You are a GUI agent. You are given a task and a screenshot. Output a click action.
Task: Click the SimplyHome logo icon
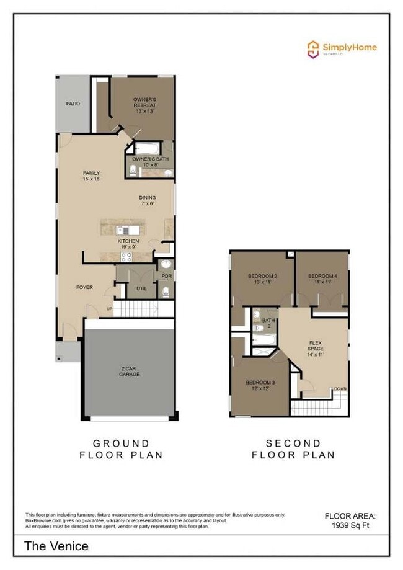click(313, 49)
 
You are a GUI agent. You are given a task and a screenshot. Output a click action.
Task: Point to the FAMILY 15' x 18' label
click(92, 176)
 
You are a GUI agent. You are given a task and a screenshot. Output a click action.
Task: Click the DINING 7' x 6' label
click(147, 200)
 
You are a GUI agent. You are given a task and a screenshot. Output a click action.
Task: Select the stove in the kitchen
click(126, 256)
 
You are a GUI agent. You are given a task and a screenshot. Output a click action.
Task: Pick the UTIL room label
click(141, 288)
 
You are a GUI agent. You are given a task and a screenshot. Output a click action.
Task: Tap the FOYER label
click(85, 287)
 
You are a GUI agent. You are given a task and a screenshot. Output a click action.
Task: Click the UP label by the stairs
click(110, 308)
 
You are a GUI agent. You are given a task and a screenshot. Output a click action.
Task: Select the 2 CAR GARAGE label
click(130, 372)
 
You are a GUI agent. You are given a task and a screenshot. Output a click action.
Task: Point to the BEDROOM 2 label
click(262, 278)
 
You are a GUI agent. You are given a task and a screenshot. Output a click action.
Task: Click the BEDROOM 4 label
click(322, 278)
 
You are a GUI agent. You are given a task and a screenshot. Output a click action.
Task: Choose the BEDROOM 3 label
click(260, 386)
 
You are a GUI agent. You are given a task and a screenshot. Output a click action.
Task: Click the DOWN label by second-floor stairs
click(340, 389)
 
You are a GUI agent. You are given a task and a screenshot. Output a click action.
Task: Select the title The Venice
click(56, 546)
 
